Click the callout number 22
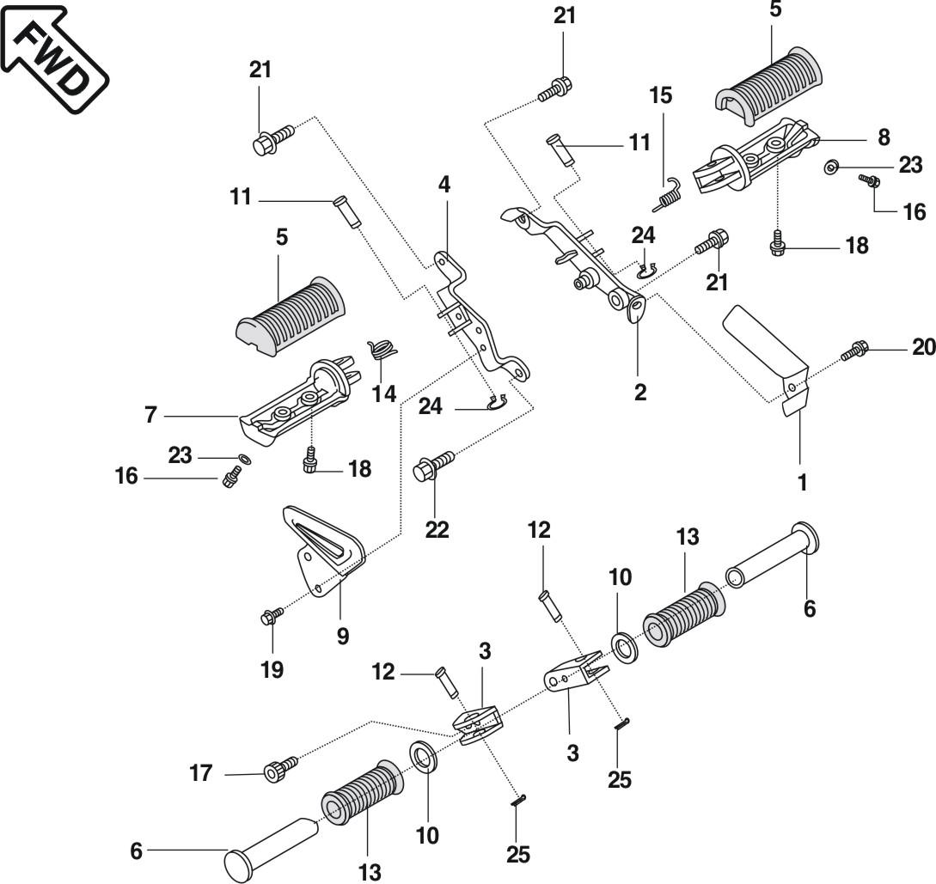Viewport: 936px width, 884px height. point(437,530)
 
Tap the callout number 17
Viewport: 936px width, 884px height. point(201,774)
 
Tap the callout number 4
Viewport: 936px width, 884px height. point(444,184)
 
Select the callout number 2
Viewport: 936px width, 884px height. point(639,393)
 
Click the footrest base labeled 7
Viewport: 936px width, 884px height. point(297,404)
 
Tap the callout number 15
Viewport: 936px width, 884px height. point(660,94)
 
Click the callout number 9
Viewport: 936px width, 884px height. point(343,637)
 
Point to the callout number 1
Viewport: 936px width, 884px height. point(802,482)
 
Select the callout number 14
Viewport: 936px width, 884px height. point(383,393)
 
